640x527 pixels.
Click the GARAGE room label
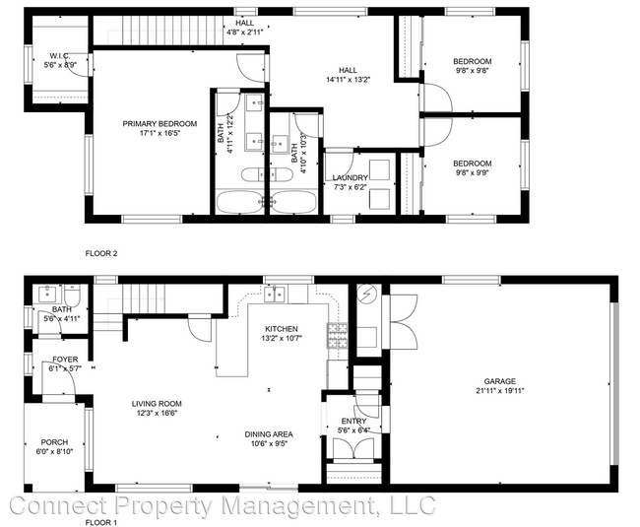[x=499, y=381]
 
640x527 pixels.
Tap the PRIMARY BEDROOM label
[x=160, y=124]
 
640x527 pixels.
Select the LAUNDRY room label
[x=350, y=177]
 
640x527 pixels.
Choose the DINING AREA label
[x=269, y=433]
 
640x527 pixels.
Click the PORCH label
[x=54, y=442]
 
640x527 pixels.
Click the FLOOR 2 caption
[x=100, y=253]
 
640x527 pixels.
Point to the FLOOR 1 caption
[x=100, y=522]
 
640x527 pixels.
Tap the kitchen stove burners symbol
[x=338, y=335]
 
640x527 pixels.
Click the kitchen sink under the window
[x=275, y=293]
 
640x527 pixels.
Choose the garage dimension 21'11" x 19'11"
[x=499, y=391]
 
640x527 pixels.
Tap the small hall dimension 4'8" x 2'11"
[x=245, y=32]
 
